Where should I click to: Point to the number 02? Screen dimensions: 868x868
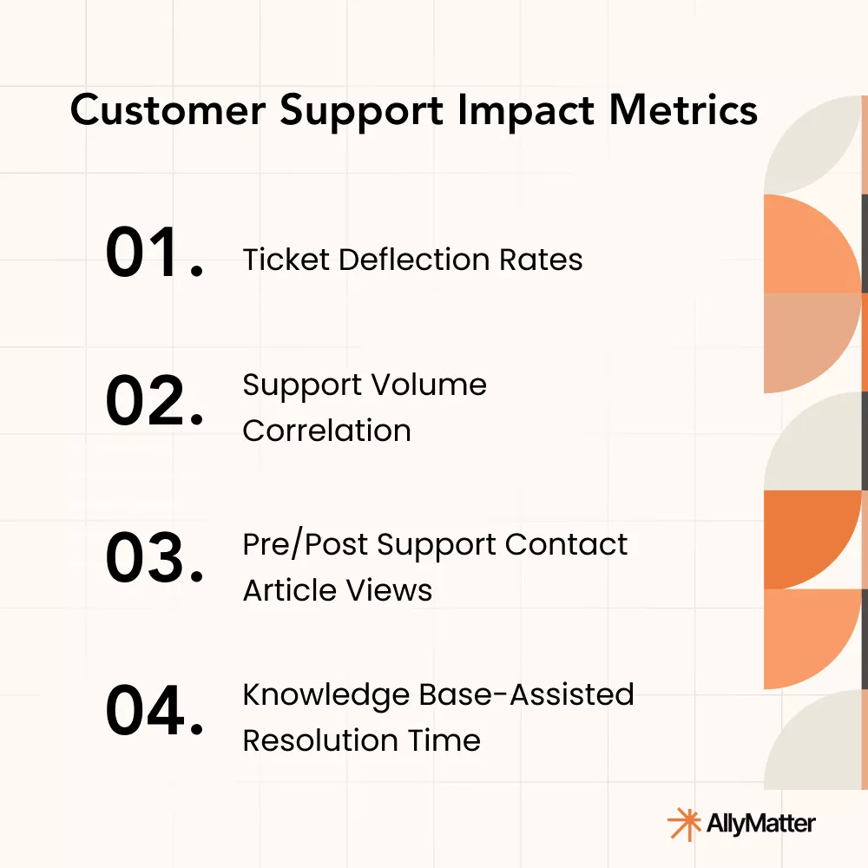coord(155,402)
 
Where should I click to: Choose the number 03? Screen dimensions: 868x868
coord(155,558)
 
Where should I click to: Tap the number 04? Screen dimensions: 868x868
coord(155,710)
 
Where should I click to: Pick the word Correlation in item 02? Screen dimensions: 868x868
coord(326,431)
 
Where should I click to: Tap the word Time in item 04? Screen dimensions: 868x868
coord(450,740)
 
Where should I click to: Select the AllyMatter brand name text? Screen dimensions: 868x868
coord(761,823)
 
